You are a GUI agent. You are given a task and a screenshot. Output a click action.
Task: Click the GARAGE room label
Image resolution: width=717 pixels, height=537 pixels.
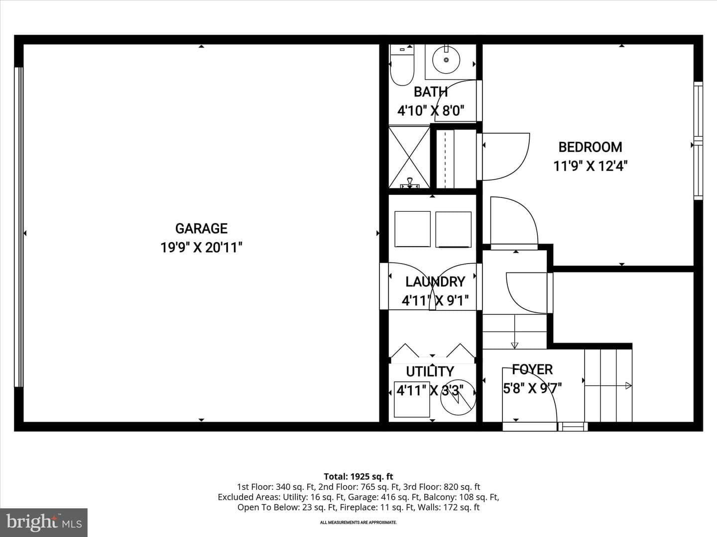pyautogui.click(x=201, y=229)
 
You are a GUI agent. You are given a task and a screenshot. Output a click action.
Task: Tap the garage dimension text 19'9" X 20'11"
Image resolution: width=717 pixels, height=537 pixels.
pyautogui.click(x=201, y=248)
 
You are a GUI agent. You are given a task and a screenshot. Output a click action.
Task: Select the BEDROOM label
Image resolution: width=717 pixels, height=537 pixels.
pyautogui.click(x=590, y=147)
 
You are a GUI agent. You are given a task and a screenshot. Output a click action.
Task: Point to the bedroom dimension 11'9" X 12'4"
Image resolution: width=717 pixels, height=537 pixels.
pyautogui.click(x=590, y=166)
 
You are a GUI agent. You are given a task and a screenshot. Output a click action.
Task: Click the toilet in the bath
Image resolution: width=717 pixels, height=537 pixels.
pyautogui.click(x=402, y=66)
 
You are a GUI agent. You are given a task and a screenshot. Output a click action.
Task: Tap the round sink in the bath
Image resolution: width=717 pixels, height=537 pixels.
pyautogui.click(x=446, y=60)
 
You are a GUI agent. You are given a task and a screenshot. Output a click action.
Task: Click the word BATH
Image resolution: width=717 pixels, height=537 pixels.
pyautogui.click(x=430, y=92)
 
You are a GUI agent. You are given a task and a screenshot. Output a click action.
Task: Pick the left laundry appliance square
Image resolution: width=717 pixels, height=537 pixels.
pyautogui.click(x=412, y=229)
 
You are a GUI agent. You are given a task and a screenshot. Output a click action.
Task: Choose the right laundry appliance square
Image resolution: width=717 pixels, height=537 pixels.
pyautogui.click(x=454, y=229)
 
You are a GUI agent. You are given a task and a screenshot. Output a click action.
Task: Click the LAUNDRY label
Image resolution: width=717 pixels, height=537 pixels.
pyautogui.click(x=435, y=282)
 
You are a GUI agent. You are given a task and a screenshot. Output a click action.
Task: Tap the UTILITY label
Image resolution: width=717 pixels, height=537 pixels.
pyautogui.click(x=430, y=371)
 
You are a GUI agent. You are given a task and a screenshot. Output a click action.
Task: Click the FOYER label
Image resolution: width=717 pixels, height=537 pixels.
pyautogui.click(x=532, y=369)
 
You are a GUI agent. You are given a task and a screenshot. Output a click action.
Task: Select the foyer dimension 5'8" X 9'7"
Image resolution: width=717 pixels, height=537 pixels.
pyautogui.click(x=532, y=388)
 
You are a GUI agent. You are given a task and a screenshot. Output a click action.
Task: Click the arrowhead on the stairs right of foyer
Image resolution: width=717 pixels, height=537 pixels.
pyautogui.click(x=628, y=386)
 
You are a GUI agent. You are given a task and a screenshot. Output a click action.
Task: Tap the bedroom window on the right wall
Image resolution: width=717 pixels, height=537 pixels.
pyautogui.click(x=698, y=141)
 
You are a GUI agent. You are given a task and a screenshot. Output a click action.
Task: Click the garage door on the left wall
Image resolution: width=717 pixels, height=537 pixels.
pyautogui.click(x=19, y=227)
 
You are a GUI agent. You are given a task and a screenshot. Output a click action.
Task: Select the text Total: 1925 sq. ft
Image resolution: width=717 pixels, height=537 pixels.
pyautogui.click(x=358, y=476)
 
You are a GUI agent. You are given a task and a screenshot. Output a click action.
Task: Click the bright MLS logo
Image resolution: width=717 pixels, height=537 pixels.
pyautogui.click(x=44, y=522)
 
